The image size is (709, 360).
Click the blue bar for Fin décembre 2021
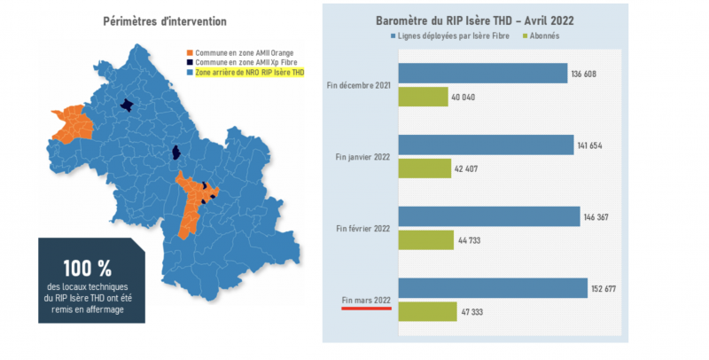pos(483,73)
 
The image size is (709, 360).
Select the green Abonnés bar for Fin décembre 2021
pos(424,97)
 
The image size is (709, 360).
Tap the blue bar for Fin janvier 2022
pos(486,145)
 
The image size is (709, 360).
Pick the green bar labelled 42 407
pos(425,168)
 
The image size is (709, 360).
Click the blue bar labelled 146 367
pos(488,216)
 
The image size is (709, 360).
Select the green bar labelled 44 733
pos(426,240)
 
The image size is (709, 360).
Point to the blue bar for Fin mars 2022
pos(493,288)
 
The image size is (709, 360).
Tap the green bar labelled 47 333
pos(428,312)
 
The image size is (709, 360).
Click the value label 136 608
pos(584,74)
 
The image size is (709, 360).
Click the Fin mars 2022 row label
pos(365,301)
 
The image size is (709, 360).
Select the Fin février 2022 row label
pos(363,229)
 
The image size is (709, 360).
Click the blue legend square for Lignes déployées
pos(393,36)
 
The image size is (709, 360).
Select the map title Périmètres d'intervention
pos(164,20)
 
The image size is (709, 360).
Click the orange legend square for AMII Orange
pos(189,53)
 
